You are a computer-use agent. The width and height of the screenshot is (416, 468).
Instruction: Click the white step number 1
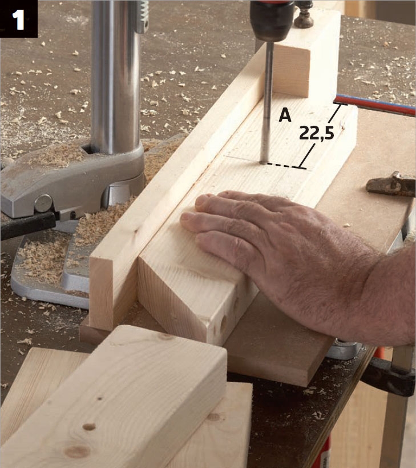[x=18, y=19]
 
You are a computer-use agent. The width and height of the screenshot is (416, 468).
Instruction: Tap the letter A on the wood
[x=285, y=115]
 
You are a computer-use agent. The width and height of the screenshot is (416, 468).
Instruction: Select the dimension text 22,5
[x=317, y=133]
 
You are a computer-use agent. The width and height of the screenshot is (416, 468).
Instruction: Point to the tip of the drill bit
[x=264, y=163]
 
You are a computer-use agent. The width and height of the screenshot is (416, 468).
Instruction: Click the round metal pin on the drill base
[x=43, y=203]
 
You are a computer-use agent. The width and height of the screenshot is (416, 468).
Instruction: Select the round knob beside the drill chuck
[x=304, y=18]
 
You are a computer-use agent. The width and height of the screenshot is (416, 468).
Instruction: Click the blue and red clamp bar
[x=375, y=105]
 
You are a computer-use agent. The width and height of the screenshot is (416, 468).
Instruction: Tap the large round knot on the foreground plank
[x=77, y=451]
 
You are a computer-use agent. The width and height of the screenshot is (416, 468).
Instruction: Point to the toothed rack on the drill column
[x=143, y=15]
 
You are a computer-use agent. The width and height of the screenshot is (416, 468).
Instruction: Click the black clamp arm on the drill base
[x=27, y=225]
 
